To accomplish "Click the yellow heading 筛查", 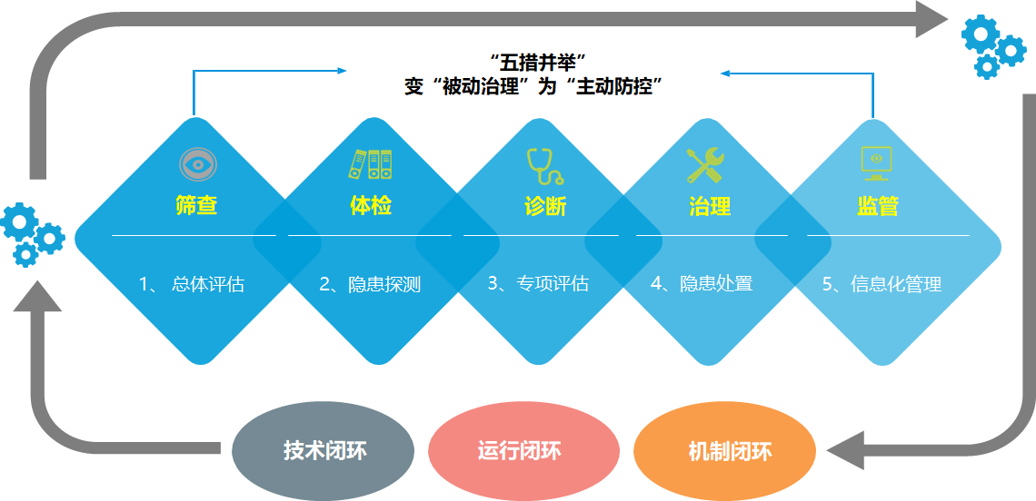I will [x=196, y=206].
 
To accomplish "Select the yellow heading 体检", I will [x=371, y=206].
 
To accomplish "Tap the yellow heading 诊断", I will [x=545, y=206].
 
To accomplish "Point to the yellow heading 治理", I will [x=710, y=206].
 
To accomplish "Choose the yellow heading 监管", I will [x=877, y=206].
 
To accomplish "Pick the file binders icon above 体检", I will [x=371, y=163].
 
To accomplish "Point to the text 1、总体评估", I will [x=192, y=284].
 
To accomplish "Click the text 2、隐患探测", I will [x=370, y=284].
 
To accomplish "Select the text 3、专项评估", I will [x=538, y=284].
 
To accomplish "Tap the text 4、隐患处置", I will [x=702, y=284].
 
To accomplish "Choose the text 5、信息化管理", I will [x=882, y=284].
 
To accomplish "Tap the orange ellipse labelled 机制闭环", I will [x=724, y=450].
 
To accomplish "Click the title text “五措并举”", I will [x=536, y=63].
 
